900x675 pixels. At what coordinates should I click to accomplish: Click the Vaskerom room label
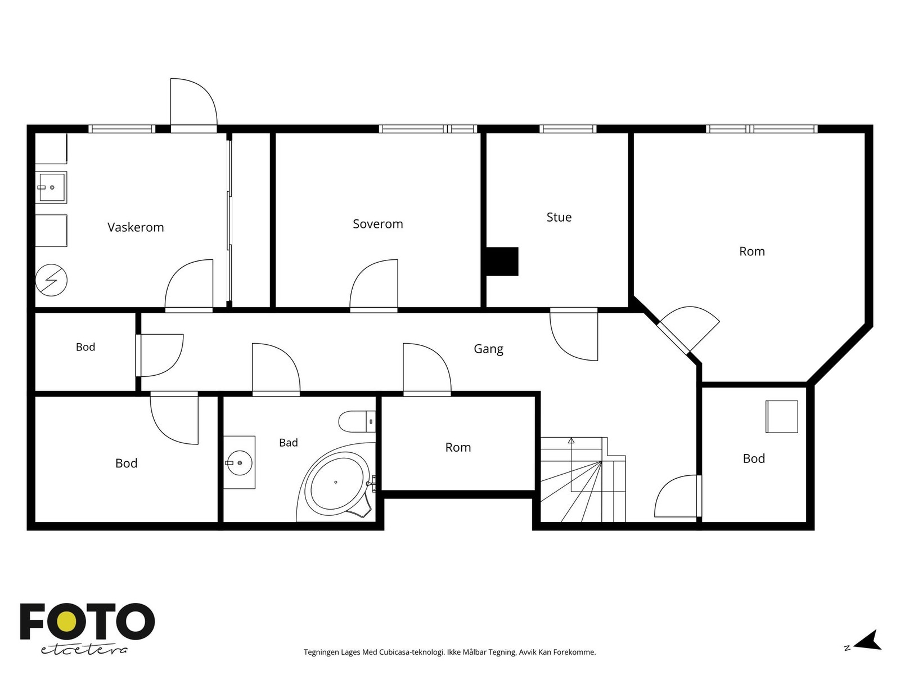pos(136,227)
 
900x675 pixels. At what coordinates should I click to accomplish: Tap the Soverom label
pos(377,224)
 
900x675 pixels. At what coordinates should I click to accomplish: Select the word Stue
pos(559,217)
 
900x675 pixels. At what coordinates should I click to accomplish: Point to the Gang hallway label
pos(488,349)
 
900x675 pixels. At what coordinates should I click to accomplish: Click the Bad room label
pos(288,443)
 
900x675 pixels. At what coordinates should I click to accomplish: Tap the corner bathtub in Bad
pos(336,482)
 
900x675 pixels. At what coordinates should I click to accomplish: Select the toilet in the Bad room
pos(357,421)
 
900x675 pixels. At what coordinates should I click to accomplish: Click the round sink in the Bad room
pos(240,463)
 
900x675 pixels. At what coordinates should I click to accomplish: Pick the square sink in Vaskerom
pos(51,187)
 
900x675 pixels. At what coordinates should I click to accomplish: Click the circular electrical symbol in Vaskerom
pos(51,280)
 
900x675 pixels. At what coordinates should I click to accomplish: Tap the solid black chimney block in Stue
pos(502,262)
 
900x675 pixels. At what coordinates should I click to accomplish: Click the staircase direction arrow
pos(571,465)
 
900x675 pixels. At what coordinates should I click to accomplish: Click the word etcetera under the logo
pos(84,650)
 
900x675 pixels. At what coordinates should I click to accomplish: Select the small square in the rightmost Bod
pos(781,416)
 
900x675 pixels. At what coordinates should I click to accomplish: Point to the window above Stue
pos(568,129)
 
